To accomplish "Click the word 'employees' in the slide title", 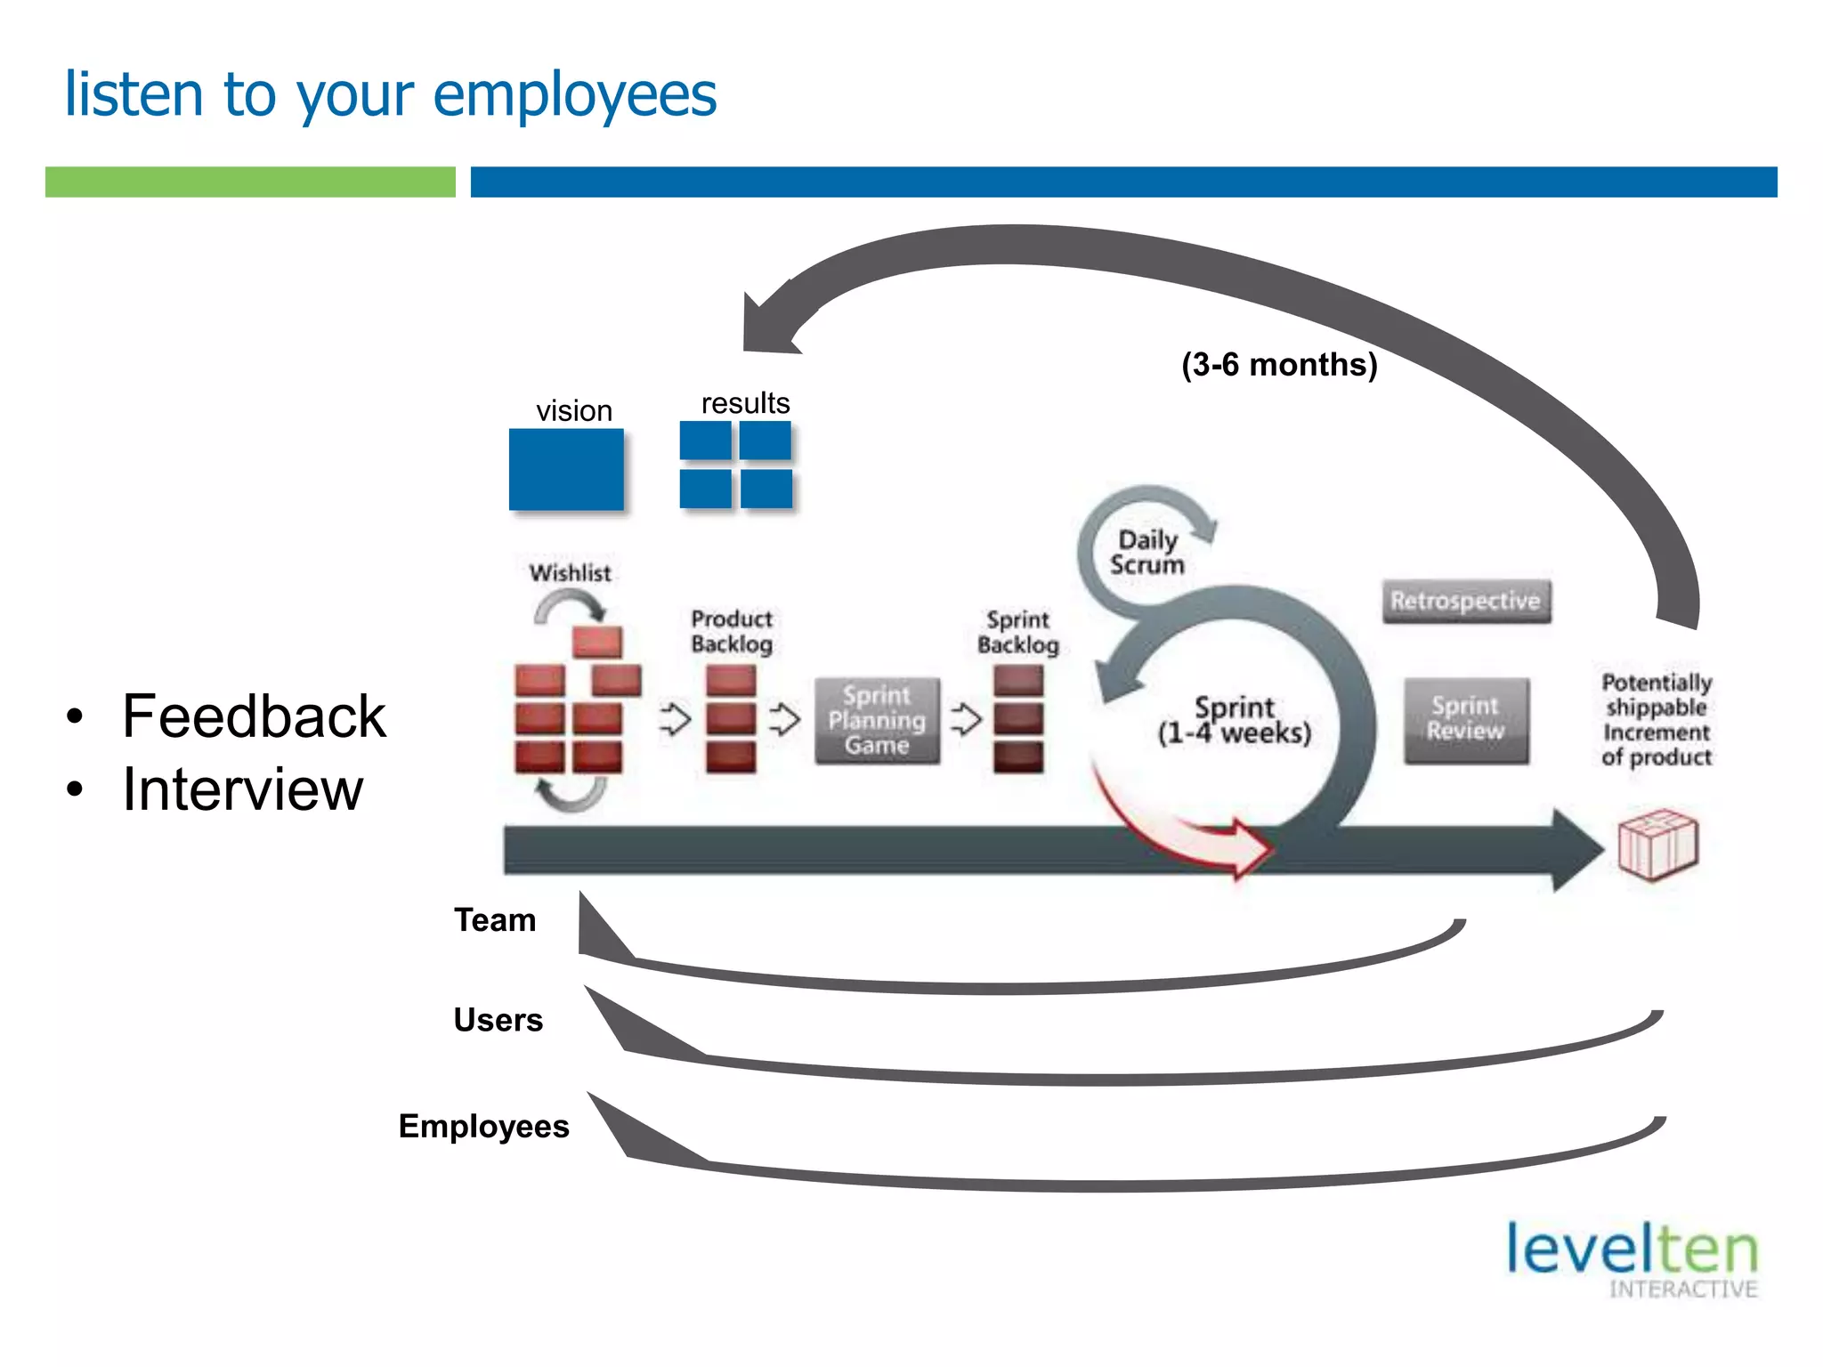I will [574, 94].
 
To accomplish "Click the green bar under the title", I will [250, 182].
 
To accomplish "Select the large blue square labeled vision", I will [566, 469].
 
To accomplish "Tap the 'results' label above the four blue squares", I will [745, 403].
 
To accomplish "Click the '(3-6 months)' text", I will [1278, 364].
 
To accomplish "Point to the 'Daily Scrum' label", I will [1146, 552].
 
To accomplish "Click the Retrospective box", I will [1465, 601].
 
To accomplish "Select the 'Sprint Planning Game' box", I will [877, 720].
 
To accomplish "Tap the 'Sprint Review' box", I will [1465, 719].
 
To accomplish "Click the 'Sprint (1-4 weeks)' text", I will [1234, 720].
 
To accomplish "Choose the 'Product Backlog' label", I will [731, 631].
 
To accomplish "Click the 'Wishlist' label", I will [570, 573].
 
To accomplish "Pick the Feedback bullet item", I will [254, 716].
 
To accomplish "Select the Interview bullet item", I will [242, 789].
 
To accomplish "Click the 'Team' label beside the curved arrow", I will [495, 920].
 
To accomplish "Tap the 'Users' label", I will [498, 1020].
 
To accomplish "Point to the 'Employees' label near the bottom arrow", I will [483, 1127].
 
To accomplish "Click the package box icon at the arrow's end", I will [1657, 844].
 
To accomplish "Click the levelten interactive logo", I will [1633, 1258].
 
